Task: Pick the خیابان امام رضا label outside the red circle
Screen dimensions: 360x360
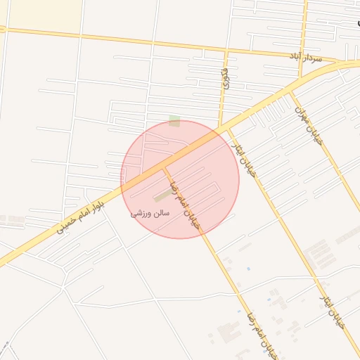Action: (259, 333)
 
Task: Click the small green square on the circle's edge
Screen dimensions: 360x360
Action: (174, 122)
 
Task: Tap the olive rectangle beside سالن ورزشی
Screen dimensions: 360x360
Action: (161, 196)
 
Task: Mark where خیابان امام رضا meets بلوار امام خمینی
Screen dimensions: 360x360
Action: (164, 167)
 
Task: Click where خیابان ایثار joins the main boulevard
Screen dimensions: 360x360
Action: (226, 129)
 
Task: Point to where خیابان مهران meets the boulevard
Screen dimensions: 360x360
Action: (291, 91)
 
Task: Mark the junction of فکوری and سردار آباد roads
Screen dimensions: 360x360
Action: (226, 51)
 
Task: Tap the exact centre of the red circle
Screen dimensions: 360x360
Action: (180, 179)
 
